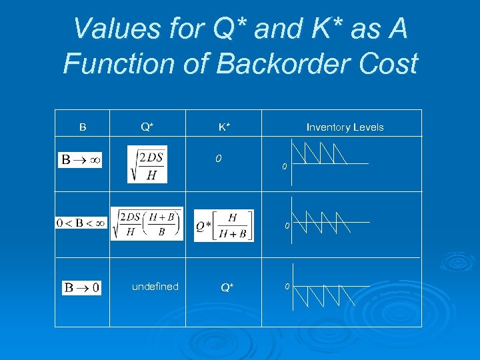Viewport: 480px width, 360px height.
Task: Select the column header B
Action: point(83,127)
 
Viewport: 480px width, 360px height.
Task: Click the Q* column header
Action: point(147,127)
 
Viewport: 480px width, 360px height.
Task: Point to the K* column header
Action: point(225,127)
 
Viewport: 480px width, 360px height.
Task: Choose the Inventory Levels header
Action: point(345,127)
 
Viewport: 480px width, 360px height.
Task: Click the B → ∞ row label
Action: point(81,160)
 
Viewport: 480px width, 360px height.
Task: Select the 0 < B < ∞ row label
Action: point(81,223)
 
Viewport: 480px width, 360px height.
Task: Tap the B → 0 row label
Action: point(81,288)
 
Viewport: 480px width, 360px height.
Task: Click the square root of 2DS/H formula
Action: point(147,164)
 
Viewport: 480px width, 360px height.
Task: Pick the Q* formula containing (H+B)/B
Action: point(147,223)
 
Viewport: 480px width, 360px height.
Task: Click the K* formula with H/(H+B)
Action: point(223,225)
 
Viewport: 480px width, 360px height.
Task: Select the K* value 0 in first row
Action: point(218,159)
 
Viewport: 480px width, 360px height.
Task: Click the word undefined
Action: point(155,287)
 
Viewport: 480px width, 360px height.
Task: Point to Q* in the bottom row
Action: point(227,288)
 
